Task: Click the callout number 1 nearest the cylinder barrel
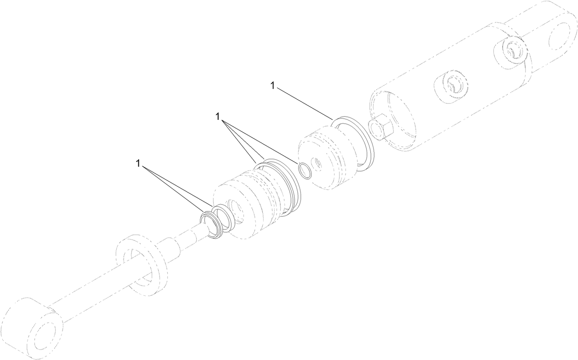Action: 273,85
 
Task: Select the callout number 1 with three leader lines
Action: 218,117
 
